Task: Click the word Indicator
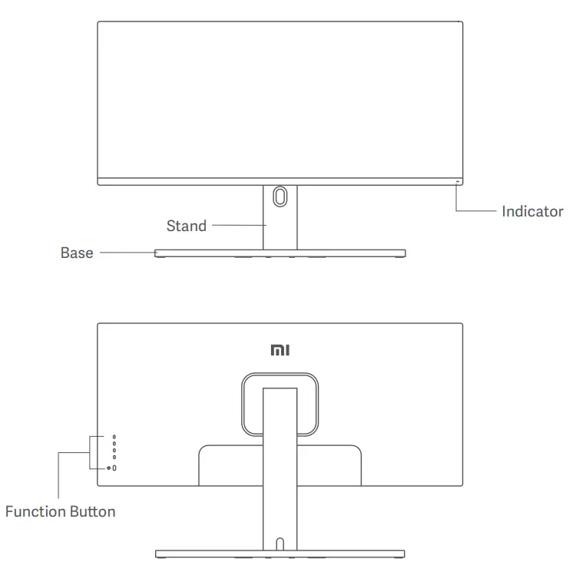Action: [x=532, y=211]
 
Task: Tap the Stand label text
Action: [x=186, y=226]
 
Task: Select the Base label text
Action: [x=77, y=253]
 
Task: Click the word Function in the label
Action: [x=35, y=511]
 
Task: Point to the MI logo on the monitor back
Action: [x=280, y=350]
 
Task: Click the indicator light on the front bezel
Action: [x=458, y=182]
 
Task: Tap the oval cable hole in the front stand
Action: [x=280, y=195]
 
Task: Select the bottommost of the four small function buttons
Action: [x=114, y=458]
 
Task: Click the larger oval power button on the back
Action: [x=115, y=468]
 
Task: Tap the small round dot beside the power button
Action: [x=109, y=468]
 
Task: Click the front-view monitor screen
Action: [x=280, y=100]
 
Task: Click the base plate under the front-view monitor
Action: [x=280, y=253]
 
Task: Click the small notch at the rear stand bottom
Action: [x=280, y=544]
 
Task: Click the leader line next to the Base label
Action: [x=127, y=252]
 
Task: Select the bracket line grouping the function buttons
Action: [x=90, y=452]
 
